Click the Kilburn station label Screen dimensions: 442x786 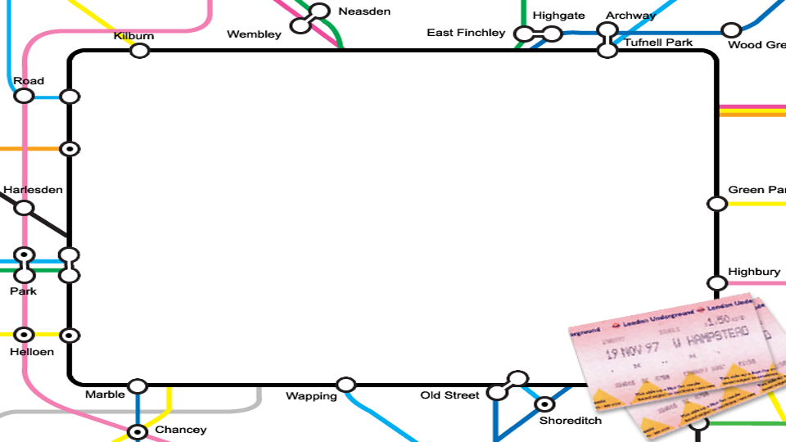(x=134, y=37)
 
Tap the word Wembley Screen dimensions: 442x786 (x=254, y=34)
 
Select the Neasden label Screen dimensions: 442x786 (x=364, y=11)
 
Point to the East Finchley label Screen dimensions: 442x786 (x=466, y=33)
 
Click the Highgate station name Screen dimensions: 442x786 (x=558, y=16)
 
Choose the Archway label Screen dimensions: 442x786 (x=630, y=16)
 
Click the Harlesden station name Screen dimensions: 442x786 (x=33, y=190)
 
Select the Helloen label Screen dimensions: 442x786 (x=32, y=352)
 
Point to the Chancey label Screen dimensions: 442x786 (x=181, y=430)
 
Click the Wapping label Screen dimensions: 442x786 (x=311, y=396)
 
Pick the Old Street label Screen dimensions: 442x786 (x=449, y=395)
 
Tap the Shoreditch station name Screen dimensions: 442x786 (x=570, y=421)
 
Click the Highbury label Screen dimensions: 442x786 (x=754, y=272)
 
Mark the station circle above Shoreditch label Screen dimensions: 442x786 (x=544, y=404)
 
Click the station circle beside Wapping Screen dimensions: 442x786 (x=346, y=385)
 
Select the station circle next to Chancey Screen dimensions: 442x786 (x=138, y=431)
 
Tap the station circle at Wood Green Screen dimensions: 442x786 (x=731, y=31)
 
